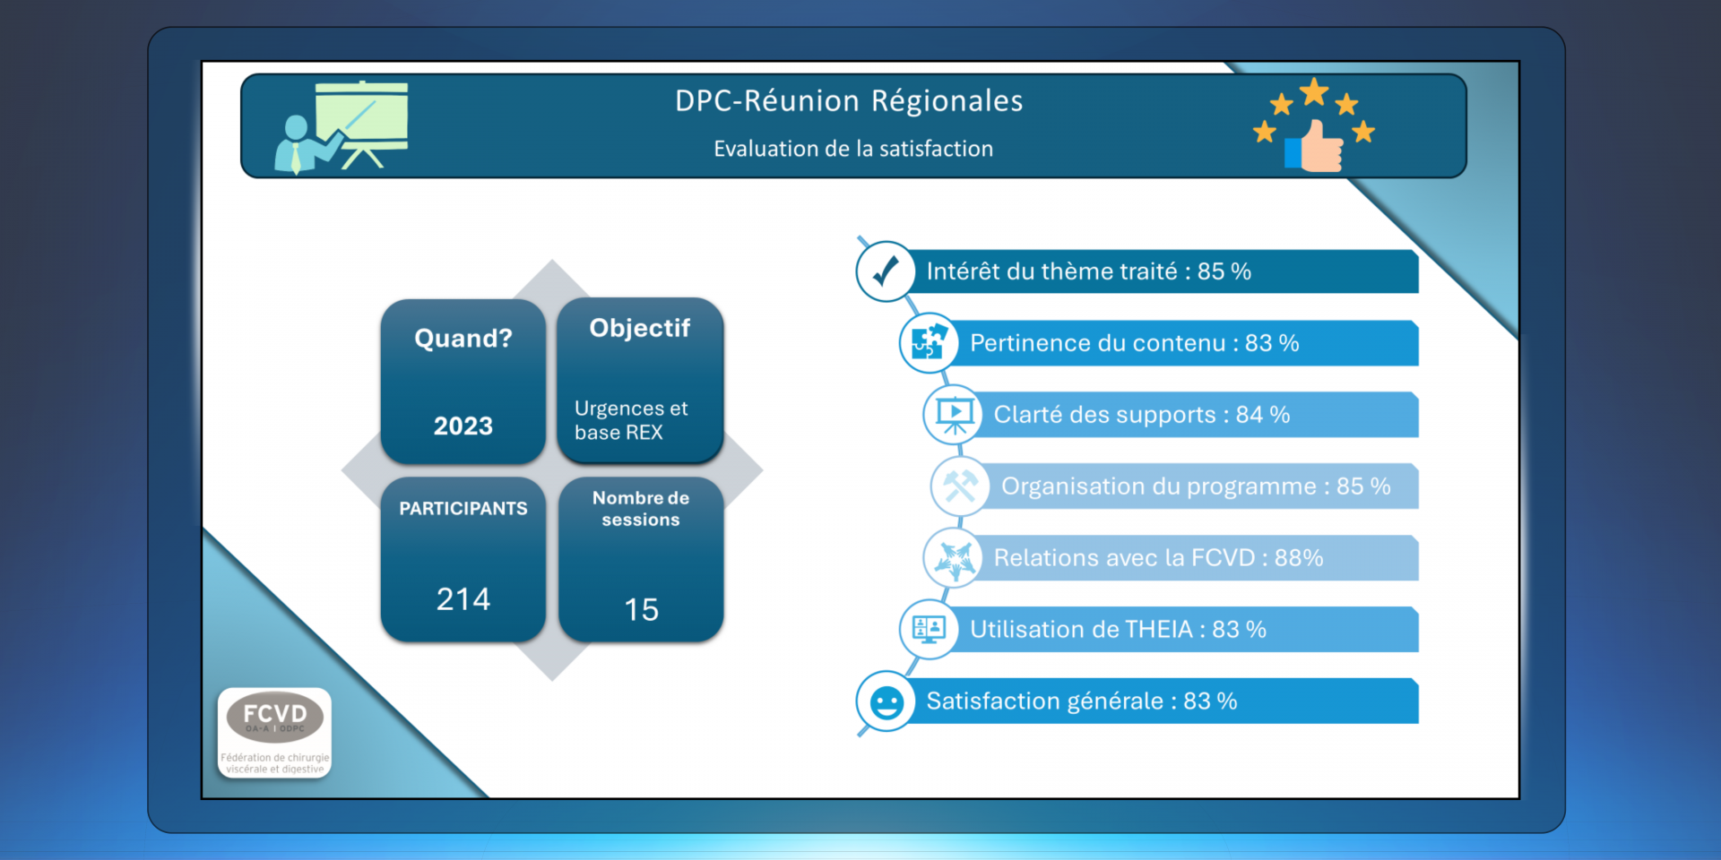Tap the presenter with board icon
pos(342,127)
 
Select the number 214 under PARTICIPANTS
pos(463,598)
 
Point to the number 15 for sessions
pos(641,609)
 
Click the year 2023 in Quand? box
pos(463,426)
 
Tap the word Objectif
pos(639,328)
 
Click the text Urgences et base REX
pos(630,420)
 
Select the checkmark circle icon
pos(886,271)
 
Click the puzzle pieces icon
pos(929,342)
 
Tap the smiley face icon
pos(886,701)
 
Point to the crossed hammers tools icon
pos(960,486)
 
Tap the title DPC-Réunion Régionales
pos(848,101)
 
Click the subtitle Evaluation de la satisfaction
pos(852,149)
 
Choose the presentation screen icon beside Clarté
pos(954,414)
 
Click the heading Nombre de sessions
pos(640,509)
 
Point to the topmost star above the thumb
pos(1314,90)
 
